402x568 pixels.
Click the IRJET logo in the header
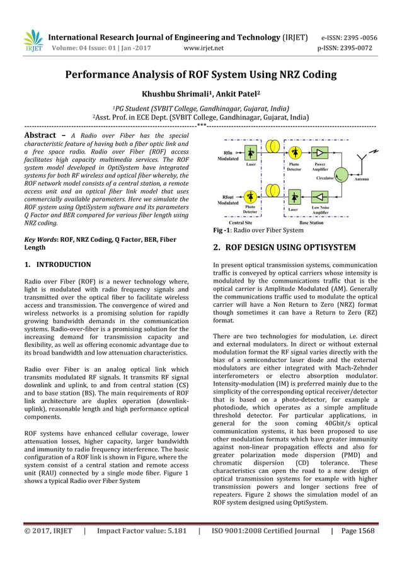[x=32, y=40]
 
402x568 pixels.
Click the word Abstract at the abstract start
[x=43, y=135]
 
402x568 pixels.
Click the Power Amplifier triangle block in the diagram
[x=320, y=153]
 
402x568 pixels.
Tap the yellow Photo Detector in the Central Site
[x=251, y=193]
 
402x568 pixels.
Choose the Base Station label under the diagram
[x=312, y=223]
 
